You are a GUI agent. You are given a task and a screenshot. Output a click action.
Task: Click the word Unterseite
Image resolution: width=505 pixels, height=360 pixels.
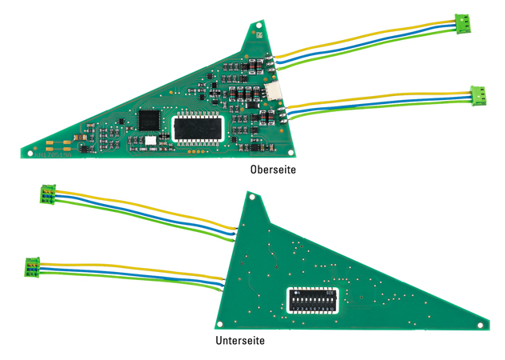click(240, 340)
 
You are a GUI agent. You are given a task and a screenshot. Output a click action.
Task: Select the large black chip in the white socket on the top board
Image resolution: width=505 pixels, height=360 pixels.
click(200, 127)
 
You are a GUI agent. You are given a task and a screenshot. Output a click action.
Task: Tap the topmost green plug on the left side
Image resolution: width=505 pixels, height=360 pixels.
click(47, 194)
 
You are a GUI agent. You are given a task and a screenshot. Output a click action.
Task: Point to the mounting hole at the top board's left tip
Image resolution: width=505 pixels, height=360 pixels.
click(31, 151)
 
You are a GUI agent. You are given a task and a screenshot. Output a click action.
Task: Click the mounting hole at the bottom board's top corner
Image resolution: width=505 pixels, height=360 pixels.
click(250, 195)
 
